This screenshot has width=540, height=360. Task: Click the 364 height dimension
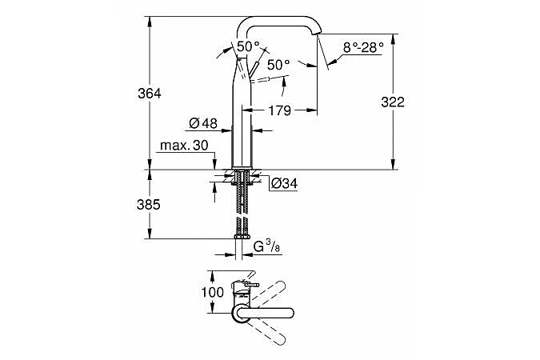[149, 94]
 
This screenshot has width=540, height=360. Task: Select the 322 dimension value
[393, 102]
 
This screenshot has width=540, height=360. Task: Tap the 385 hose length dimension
[149, 205]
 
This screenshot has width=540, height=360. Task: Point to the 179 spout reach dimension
[279, 110]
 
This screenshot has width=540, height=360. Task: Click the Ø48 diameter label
[203, 122]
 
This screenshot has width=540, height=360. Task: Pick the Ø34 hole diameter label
[284, 183]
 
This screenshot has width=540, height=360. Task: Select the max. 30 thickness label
[184, 146]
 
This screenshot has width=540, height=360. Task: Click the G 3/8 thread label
[266, 246]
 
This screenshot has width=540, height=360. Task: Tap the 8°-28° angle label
[363, 47]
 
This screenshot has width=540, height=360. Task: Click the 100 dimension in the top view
[213, 292]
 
